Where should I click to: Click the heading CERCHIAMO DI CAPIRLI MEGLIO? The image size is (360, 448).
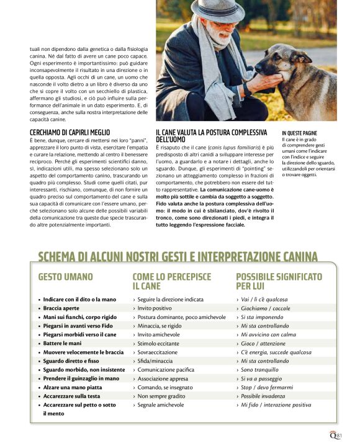pos(70,133)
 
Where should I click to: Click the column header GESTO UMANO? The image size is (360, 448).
pos(65,277)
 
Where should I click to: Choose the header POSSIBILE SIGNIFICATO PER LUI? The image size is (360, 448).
pos(279,281)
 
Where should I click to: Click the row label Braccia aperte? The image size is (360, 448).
pos(61,308)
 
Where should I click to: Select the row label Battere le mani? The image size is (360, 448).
pos(62,343)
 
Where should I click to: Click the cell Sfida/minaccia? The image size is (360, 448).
pos(155,361)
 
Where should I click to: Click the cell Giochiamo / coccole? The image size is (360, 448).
pos(265,308)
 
